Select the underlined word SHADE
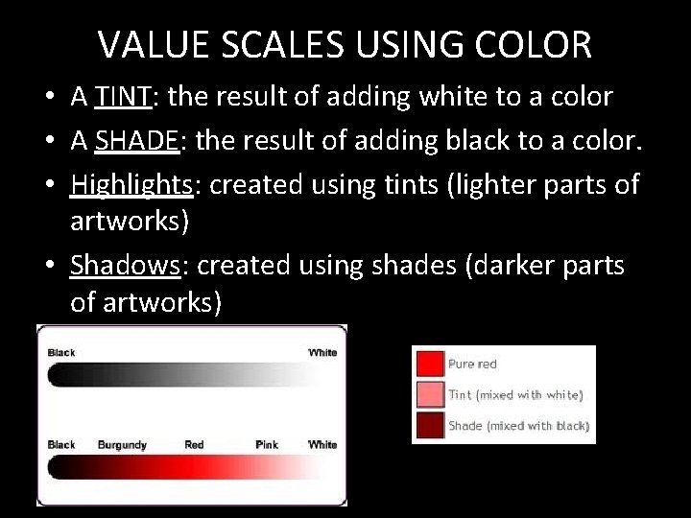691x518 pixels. coord(136,141)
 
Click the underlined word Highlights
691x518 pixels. coord(131,184)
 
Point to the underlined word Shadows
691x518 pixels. coord(125,265)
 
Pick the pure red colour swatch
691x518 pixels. coord(430,364)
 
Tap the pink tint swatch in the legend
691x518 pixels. coord(430,394)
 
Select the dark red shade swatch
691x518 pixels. coord(430,425)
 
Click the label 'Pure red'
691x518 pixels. coord(472,365)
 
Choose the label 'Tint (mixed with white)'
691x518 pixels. coord(515,395)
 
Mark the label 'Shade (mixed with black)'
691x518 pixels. coord(518,426)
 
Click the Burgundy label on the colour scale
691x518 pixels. coord(122,445)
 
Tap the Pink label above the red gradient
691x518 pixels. coord(267,445)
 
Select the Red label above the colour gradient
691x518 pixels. coord(194,445)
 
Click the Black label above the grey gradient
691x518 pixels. coord(61,353)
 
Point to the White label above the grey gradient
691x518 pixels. coord(322,353)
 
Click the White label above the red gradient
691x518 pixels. coord(322,445)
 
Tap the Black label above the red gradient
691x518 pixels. coord(61,445)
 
